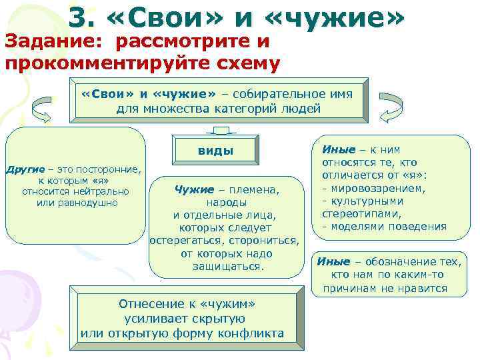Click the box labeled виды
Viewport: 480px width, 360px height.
coord(215,150)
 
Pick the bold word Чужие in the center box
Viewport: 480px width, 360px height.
coord(194,190)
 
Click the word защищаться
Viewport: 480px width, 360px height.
coord(223,266)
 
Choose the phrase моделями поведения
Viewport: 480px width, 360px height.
coord(387,226)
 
